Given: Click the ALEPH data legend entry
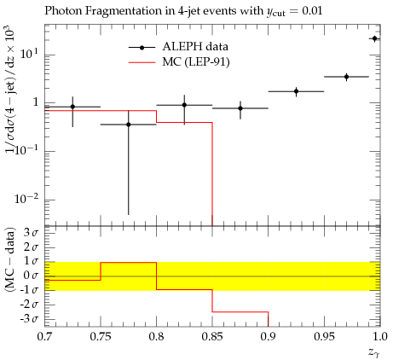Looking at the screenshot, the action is pyautogui.click(x=178, y=47).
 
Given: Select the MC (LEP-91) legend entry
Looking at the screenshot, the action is pyautogui.click(x=179, y=61).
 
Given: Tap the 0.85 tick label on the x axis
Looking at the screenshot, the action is pyautogui.click(x=212, y=337).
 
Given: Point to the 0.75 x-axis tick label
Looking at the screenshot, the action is pyautogui.click(x=101, y=337).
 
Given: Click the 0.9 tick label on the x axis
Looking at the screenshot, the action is pyautogui.click(x=268, y=337).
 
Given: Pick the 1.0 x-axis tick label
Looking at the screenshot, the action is pyautogui.click(x=379, y=337).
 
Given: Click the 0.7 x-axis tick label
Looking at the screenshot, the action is pyautogui.click(x=44, y=337).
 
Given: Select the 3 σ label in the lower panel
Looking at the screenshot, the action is pyautogui.click(x=31, y=233).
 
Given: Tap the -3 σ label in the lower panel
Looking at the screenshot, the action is pyautogui.click(x=29, y=319).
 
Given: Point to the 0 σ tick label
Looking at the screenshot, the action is pyautogui.click(x=31, y=276).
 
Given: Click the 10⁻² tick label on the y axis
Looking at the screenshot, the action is pyautogui.click(x=26, y=199).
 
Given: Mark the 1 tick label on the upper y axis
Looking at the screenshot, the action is pyautogui.click(x=36, y=102).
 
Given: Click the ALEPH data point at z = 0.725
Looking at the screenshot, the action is pyautogui.click(x=72, y=107).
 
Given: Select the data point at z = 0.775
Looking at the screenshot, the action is pyautogui.click(x=129, y=125).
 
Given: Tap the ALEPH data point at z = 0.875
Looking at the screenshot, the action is pyautogui.click(x=240, y=108).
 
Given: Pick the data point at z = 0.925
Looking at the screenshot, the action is pyautogui.click(x=296, y=91).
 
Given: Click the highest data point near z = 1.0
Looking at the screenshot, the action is pyautogui.click(x=374, y=38).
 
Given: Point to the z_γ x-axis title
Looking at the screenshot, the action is pyautogui.click(x=374, y=353).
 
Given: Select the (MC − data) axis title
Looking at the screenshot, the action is pyautogui.click(x=10, y=259).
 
